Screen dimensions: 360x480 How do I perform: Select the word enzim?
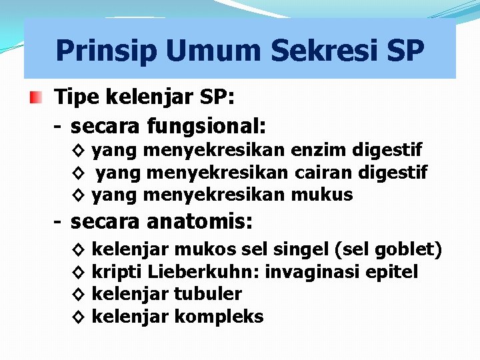coord(311,151)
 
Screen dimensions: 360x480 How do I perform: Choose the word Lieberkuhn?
coord(205,272)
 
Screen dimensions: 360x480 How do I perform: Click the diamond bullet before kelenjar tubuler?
coord(77,294)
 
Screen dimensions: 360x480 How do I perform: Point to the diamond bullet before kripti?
coord(77,272)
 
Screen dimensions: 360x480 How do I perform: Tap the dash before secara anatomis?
coord(59,221)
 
